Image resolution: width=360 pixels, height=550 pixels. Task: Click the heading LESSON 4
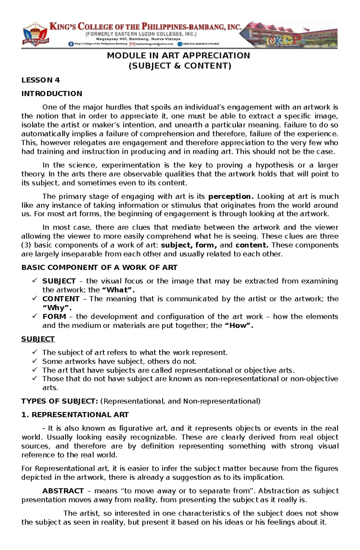point(40,80)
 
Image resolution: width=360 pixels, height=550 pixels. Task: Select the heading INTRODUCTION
point(52,94)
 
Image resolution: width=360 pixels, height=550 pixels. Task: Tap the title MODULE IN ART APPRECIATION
point(178,55)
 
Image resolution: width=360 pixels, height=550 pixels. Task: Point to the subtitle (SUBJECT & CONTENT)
point(180,66)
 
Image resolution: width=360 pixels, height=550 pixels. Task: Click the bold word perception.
point(231,196)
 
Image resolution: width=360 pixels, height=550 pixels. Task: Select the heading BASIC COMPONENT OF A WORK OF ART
point(99,267)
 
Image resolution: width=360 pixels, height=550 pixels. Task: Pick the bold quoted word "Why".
point(57,308)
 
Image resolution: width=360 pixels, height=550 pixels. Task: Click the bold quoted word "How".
point(239,326)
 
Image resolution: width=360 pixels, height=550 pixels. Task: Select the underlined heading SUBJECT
point(38,339)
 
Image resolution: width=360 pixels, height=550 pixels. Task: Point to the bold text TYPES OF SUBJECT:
point(59,401)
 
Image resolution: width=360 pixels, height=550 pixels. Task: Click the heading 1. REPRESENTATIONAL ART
point(75,415)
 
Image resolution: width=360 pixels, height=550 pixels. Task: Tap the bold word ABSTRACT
point(63,491)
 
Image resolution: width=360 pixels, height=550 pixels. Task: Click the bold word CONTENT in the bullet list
point(61,299)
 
